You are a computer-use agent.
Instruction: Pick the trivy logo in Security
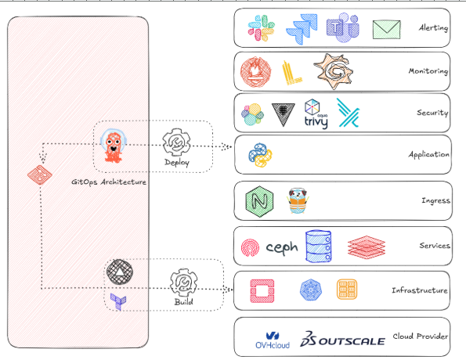pos(315,114)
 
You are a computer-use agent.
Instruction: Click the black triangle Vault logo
pos(280,114)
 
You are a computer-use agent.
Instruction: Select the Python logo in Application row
pos(259,154)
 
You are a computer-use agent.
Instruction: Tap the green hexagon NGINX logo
pos(258,202)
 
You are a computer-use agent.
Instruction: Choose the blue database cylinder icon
pos(320,245)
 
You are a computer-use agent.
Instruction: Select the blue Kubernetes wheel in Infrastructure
pos(311,290)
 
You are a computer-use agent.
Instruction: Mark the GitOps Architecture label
pos(109,182)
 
